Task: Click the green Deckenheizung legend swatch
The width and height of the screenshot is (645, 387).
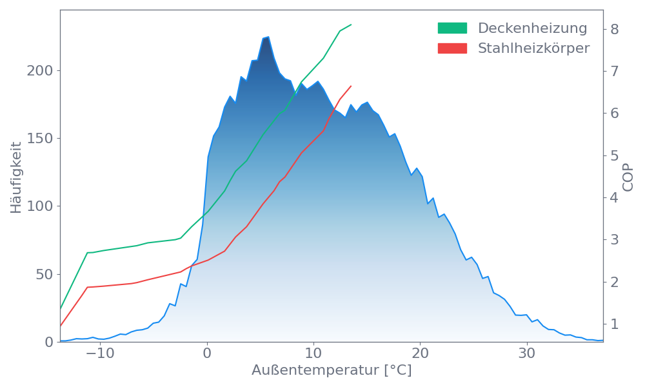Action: pos(452,28)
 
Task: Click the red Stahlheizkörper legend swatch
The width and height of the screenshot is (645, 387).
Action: pos(452,48)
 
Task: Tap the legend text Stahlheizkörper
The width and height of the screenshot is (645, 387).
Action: pos(533,48)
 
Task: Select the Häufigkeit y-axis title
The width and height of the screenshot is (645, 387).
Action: pos(17,177)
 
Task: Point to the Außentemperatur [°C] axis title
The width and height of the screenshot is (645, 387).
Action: pos(332,371)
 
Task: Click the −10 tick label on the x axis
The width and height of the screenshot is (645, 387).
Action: pos(100,353)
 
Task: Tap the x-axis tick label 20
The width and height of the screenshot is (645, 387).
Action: pos(420,353)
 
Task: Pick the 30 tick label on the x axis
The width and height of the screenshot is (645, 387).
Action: pos(527,353)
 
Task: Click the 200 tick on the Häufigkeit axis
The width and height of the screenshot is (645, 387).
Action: pos(40,70)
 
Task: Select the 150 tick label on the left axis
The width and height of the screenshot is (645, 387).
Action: pos(40,139)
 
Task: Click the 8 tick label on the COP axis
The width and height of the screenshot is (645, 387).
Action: pos(615,29)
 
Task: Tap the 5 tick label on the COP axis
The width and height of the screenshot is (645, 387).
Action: pos(615,155)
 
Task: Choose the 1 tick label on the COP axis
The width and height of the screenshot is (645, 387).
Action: pos(615,324)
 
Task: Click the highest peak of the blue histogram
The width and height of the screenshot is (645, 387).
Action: pos(267,37)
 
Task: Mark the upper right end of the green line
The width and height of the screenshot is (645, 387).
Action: pos(352,25)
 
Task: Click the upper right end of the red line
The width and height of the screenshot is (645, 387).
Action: pos(352,86)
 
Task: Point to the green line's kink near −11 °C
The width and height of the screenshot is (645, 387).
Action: pos(88,253)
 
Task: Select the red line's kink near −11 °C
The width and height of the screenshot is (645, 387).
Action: pos(88,287)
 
